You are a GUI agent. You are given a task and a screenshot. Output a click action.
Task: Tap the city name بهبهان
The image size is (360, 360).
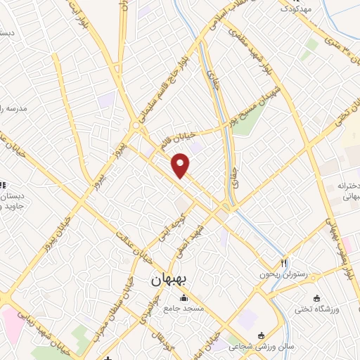coord(169,279)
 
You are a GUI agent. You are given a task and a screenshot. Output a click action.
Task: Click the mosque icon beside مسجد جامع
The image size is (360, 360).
coord(184,297)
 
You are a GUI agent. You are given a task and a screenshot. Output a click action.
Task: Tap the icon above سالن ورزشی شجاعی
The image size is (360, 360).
coord(262,335)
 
